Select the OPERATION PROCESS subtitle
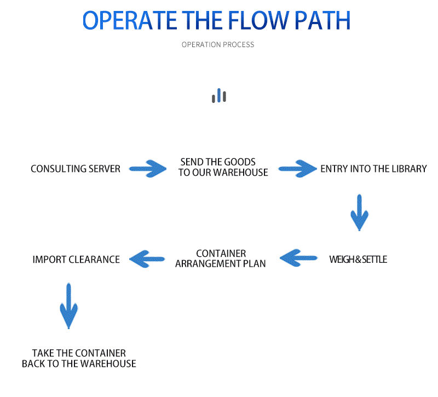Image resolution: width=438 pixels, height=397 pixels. tap(218, 44)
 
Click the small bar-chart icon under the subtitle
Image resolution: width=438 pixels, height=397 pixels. tap(219, 96)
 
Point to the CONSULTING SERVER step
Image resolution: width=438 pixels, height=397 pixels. tap(76, 169)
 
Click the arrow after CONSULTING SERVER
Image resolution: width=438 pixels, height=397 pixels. tap(148, 168)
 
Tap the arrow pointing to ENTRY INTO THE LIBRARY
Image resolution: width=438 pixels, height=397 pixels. tap(298, 168)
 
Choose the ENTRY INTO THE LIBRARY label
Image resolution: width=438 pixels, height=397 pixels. tap(373, 169)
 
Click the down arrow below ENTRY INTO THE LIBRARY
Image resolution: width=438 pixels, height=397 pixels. tap(359, 212)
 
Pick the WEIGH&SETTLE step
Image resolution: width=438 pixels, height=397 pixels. tap(358, 259)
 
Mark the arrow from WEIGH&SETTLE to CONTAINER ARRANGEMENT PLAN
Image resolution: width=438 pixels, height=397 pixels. tap(298, 257)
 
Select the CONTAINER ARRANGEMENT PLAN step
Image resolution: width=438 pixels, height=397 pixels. tap(221, 258)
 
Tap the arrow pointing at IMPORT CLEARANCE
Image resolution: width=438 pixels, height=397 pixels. tap(147, 258)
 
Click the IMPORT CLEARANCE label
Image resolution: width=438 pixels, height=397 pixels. tap(76, 260)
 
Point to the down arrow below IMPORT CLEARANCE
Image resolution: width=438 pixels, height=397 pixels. tap(68, 305)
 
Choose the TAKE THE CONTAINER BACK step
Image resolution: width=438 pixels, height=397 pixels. tap(79, 358)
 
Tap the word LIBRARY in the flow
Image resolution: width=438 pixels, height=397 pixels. tap(408, 169)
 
